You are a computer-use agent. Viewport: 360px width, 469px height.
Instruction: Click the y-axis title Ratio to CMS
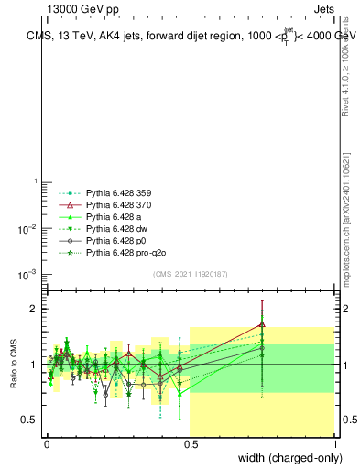(x=14, y=365)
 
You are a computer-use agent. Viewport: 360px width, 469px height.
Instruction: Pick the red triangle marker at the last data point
(x=263, y=323)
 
